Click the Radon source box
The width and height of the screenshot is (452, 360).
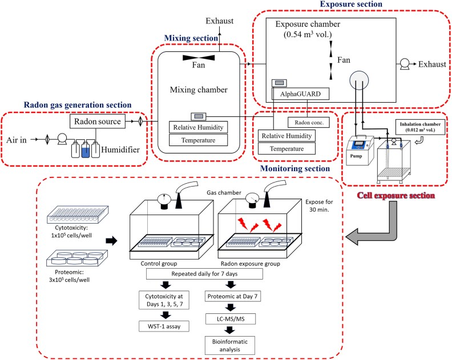pyautogui.click(x=96, y=122)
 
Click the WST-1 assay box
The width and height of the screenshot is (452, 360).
pyautogui.click(x=164, y=326)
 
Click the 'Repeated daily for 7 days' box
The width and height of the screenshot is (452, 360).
pyautogui.click(x=204, y=274)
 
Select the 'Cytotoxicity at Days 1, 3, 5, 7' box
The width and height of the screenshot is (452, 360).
pyautogui.click(x=164, y=300)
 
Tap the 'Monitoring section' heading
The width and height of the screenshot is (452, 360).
pyautogui.click(x=294, y=168)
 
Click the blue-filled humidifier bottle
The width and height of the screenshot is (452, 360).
pyautogui.click(x=84, y=149)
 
